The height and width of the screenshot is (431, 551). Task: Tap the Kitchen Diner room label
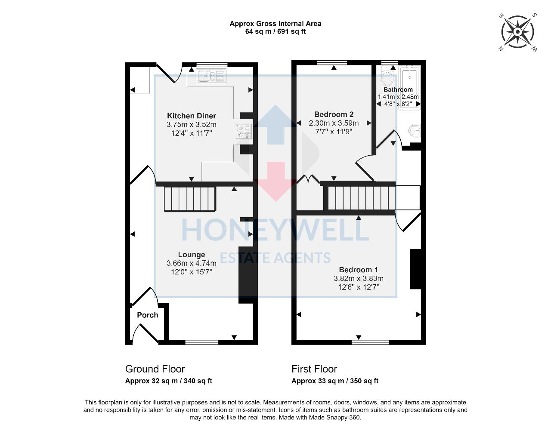[x=192, y=116]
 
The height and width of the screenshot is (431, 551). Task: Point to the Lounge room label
[x=192, y=255]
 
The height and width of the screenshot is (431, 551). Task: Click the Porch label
[x=147, y=315]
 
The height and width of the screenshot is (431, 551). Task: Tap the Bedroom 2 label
[x=334, y=114]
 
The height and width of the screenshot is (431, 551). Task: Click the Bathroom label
[x=398, y=90]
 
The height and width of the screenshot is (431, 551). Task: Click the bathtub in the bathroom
[x=409, y=86]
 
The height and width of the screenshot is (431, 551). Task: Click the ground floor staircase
[x=189, y=199]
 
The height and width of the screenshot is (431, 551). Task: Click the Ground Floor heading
[x=155, y=369]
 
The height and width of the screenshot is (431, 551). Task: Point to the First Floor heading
[x=314, y=369]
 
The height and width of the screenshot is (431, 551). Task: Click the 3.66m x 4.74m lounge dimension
[x=192, y=263]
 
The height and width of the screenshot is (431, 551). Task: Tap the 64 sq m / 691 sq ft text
[x=275, y=31]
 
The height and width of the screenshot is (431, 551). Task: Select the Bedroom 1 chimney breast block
[x=415, y=269]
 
